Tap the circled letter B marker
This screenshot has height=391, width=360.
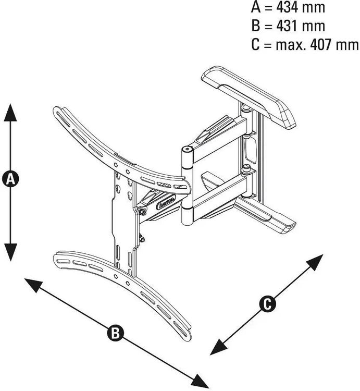pyautogui.click(x=115, y=333)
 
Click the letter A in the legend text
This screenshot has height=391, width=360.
pyautogui.click(x=256, y=8)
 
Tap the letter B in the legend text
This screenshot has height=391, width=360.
pyautogui.click(x=256, y=26)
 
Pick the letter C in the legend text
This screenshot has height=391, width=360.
pyautogui.click(x=256, y=45)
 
